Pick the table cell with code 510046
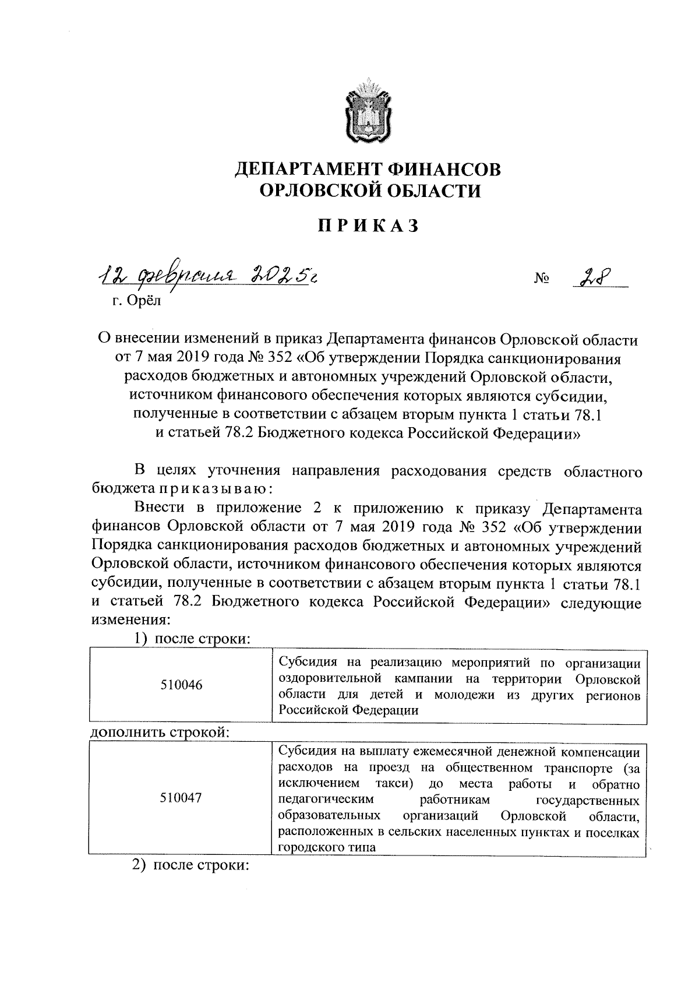coord(181,685)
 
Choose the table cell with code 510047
coord(181,798)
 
